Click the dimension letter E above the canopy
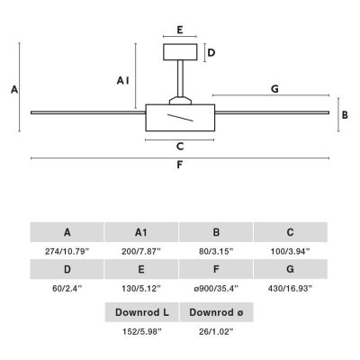click(180, 30)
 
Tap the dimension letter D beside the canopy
click(211, 53)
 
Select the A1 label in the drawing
click(123, 80)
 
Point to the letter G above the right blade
click(274, 89)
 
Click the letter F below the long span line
click(179, 165)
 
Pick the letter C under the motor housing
click(180, 147)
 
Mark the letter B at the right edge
click(345, 115)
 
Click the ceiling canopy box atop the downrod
click(180, 52)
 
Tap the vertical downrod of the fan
click(180, 78)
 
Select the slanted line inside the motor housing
click(180, 118)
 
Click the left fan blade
click(88, 112)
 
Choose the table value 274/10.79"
click(67, 251)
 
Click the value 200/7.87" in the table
click(141, 251)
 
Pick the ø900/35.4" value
click(216, 289)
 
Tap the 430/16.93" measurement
click(290, 289)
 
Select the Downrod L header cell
click(142, 312)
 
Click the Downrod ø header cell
click(216, 312)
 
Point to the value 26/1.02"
click(216, 332)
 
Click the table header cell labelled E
click(141, 269)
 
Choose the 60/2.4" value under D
click(67, 289)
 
